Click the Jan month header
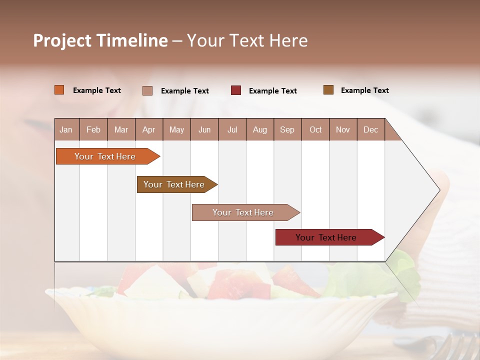click(x=66, y=129)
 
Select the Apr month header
click(x=148, y=129)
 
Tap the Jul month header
click(x=232, y=129)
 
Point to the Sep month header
click(x=287, y=129)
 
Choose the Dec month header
click(x=370, y=129)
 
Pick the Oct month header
click(x=315, y=129)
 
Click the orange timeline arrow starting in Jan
click(x=105, y=156)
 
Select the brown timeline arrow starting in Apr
click(x=174, y=184)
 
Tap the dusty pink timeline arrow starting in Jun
click(x=243, y=212)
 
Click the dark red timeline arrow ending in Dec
click(x=326, y=237)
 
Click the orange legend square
click(x=59, y=90)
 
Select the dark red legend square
click(x=236, y=90)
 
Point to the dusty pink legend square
click(x=147, y=90)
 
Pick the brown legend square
click(x=328, y=90)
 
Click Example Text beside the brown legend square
click(x=364, y=90)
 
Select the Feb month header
click(x=93, y=129)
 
